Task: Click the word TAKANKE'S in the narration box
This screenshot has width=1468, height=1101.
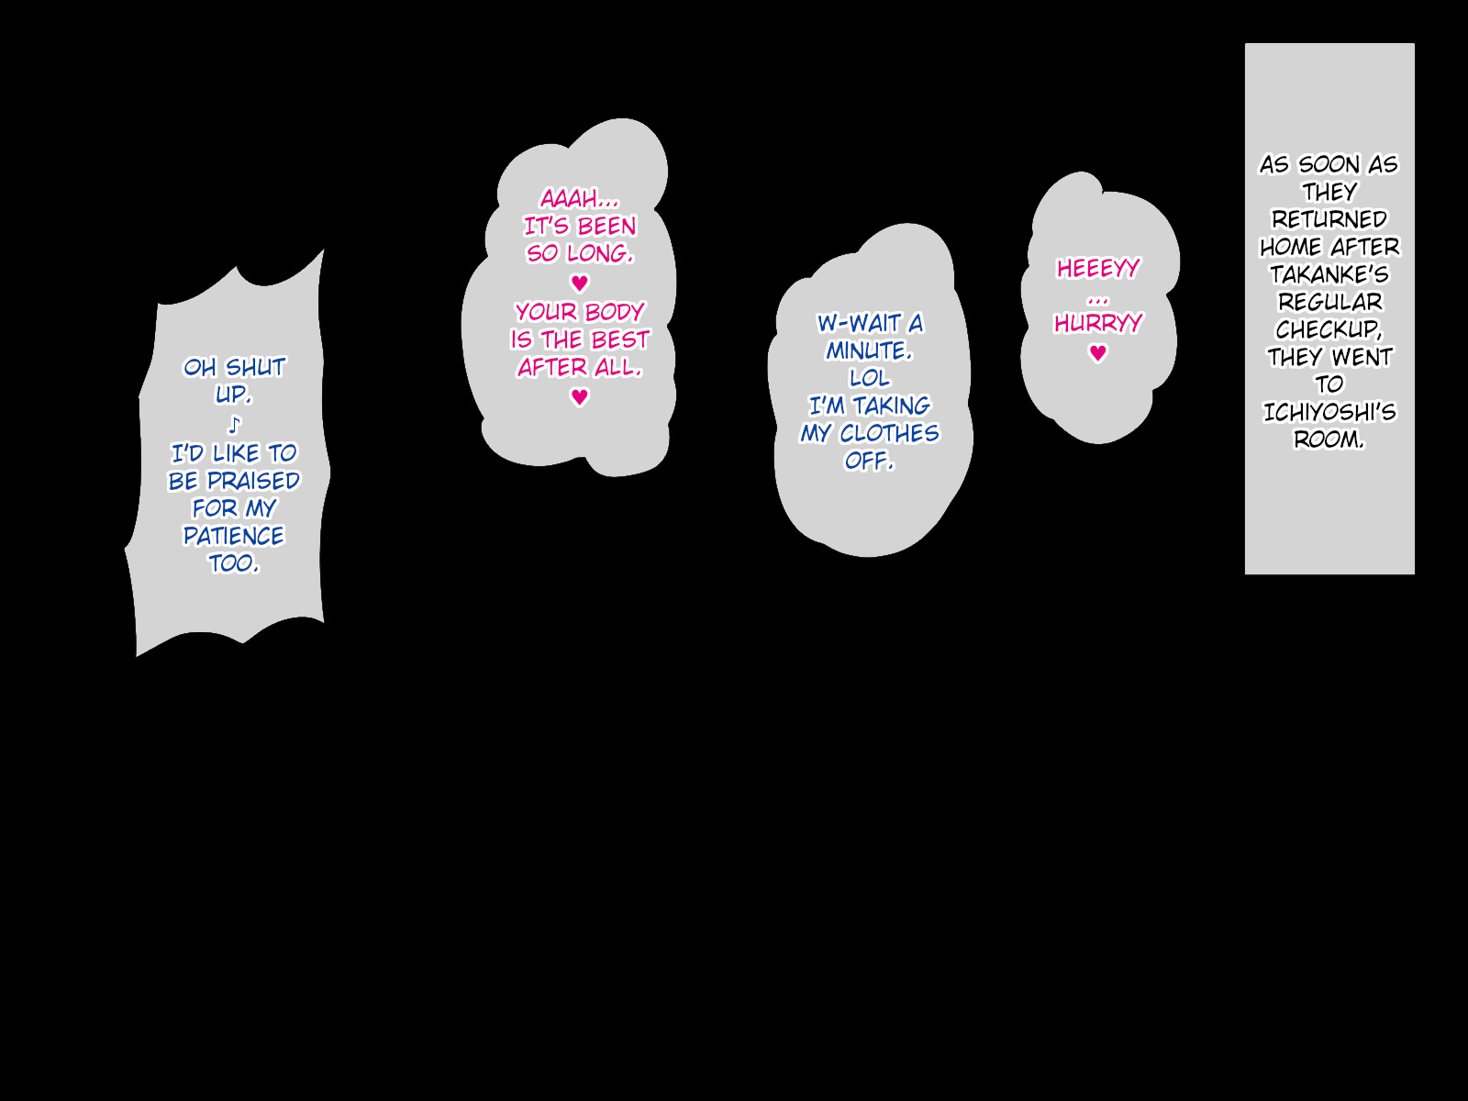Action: click(x=1329, y=274)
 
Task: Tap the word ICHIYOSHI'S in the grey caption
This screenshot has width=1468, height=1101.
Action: click(x=1329, y=412)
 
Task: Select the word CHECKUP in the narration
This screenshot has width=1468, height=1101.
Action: click(x=1327, y=329)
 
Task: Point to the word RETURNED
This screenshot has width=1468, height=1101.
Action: click(x=1329, y=219)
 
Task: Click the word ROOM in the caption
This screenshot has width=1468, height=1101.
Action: click(x=1327, y=439)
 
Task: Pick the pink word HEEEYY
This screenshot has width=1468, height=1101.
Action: click(x=1098, y=269)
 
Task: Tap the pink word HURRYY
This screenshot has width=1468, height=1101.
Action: click(x=1098, y=323)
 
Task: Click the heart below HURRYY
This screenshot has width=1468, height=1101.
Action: click(x=1098, y=353)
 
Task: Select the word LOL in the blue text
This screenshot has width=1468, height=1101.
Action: click(x=869, y=378)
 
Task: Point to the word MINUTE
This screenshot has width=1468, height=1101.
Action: click(x=867, y=350)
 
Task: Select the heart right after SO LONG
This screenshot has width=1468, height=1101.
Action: click(x=579, y=283)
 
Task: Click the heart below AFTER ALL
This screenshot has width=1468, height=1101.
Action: click(x=579, y=397)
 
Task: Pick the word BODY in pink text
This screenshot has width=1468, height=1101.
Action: click(x=614, y=312)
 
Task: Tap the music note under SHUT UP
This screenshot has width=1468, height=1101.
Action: click(x=234, y=425)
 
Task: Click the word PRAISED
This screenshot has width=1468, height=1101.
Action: click(x=253, y=481)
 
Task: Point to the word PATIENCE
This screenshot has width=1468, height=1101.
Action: click(x=234, y=536)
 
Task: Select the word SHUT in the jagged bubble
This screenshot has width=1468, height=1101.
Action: click(x=256, y=368)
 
